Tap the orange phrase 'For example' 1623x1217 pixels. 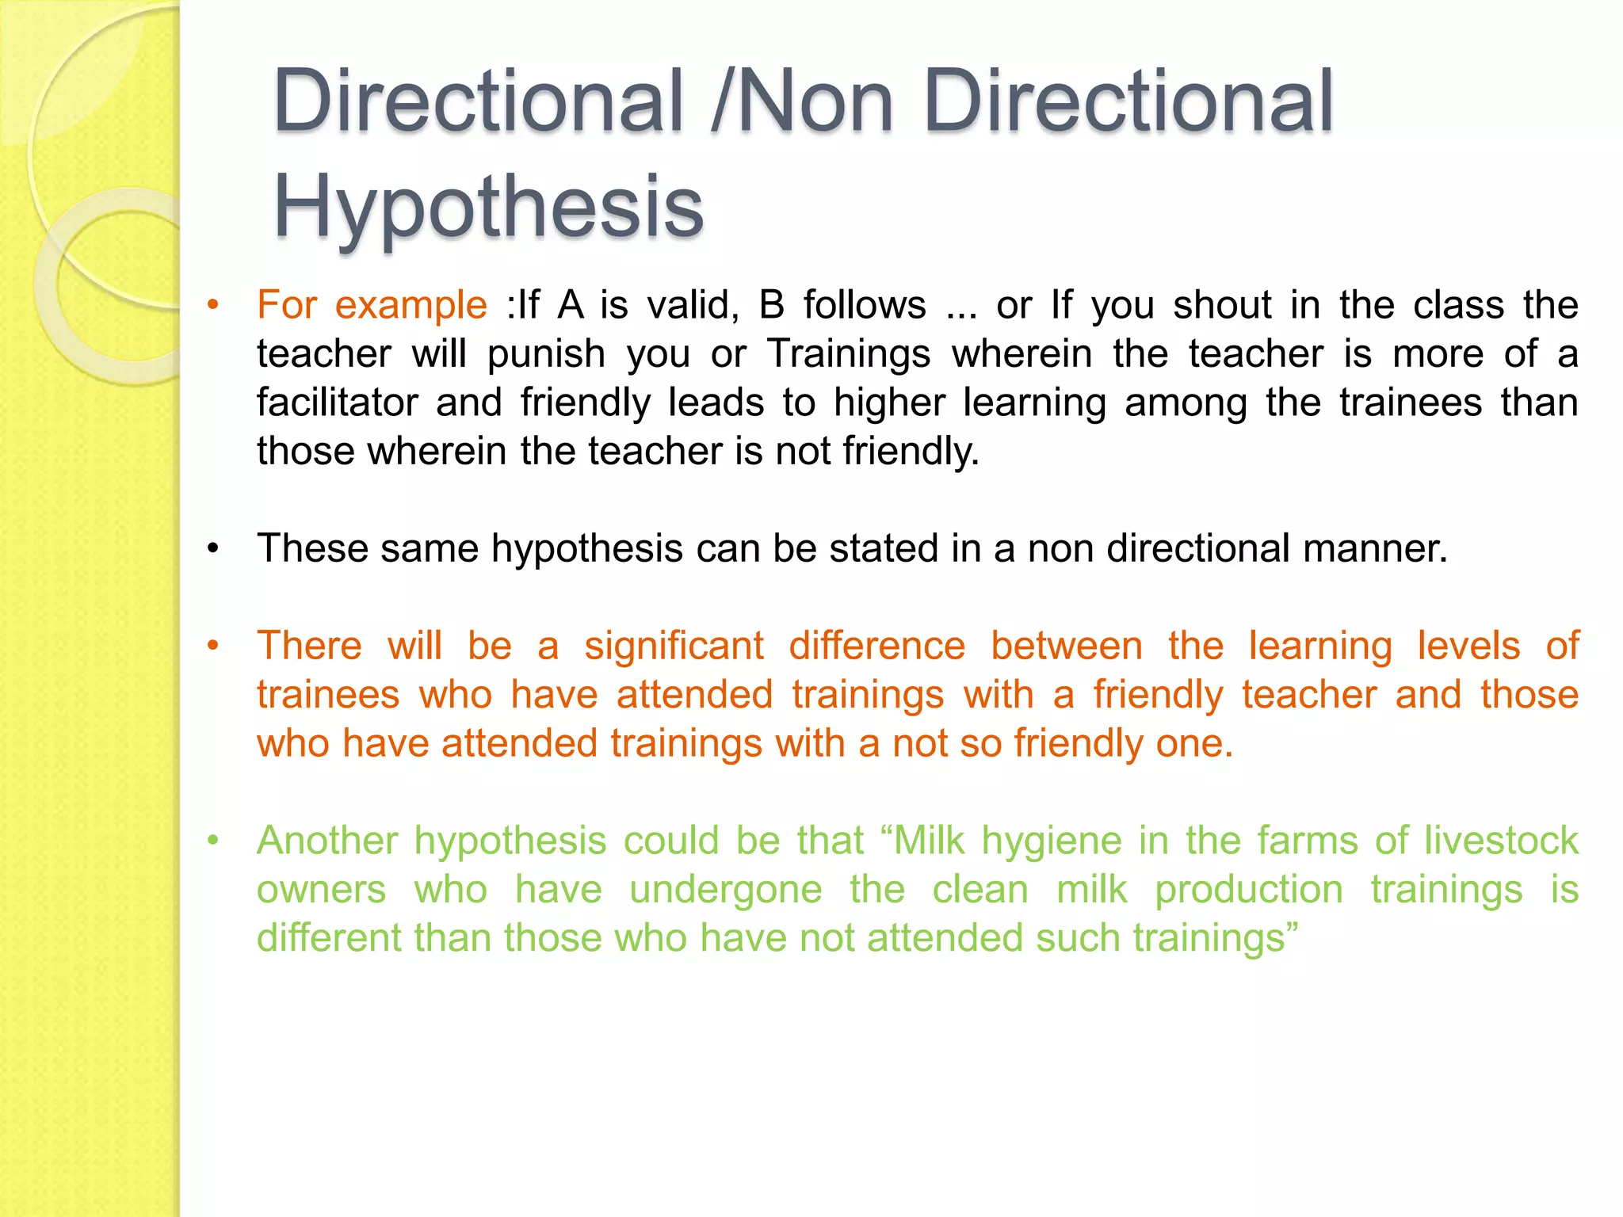pyautogui.click(x=372, y=305)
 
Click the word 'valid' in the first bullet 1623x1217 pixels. pyautogui.click(x=693, y=305)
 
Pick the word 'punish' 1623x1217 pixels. pyautogui.click(x=547, y=354)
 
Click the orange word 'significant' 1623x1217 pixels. pyautogui.click(x=674, y=646)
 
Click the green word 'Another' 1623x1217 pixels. pyautogui.click(x=327, y=841)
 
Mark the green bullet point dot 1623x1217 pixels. pyautogui.click(x=212, y=841)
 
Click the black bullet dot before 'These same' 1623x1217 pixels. pyautogui.click(x=212, y=549)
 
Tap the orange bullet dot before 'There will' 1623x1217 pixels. pyautogui.click(x=212, y=647)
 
